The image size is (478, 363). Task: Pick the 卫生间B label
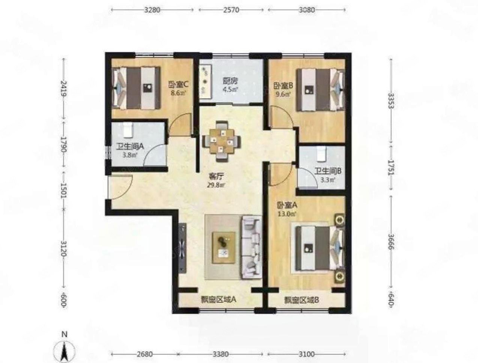[328, 175]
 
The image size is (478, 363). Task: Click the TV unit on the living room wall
[182, 248]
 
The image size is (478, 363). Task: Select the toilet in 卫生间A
[128, 130]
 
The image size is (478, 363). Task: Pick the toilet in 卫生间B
[322, 153]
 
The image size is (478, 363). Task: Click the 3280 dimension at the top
[152, 10]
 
